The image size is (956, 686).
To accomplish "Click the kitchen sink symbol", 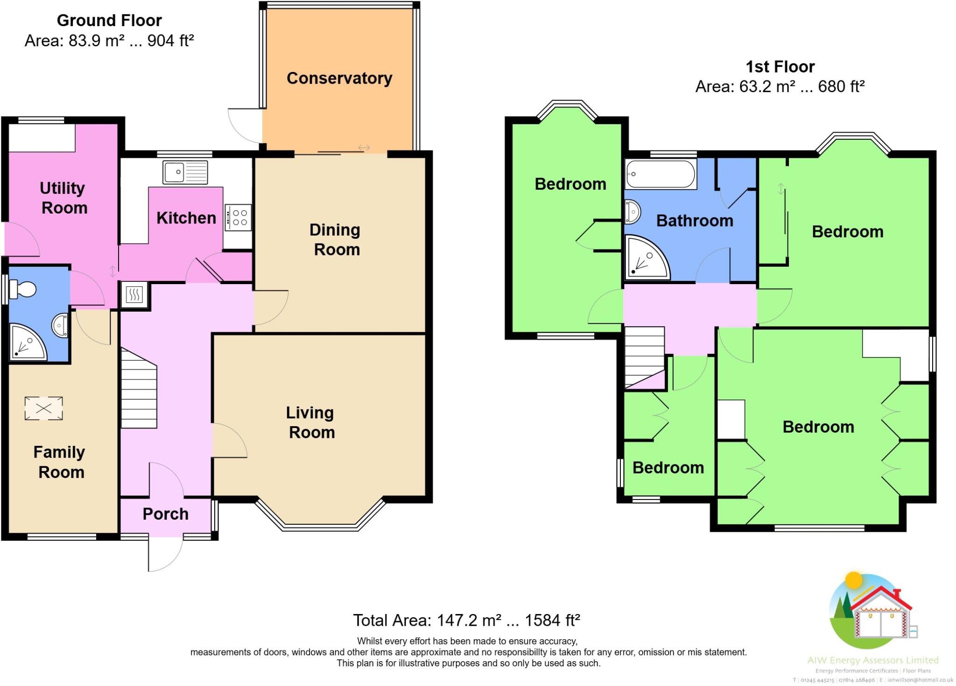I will pyautogui.click(x=185, y=172).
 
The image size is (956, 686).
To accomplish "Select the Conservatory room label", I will pyautogui.click(x=339, y=78).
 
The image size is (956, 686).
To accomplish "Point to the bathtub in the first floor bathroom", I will pyautogui.click(x=660, y=174).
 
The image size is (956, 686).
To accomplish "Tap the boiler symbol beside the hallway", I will pyautogui.click(x=134, y=295).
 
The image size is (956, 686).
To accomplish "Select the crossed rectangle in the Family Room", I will pyautogui.click(x=43, y=408).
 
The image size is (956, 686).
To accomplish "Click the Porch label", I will pyautogui.click(x=165, y=514).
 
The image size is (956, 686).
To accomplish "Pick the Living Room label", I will pyautogui.click(x=311, y=422).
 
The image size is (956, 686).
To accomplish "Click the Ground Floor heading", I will pyautogui.click(x=109, y=21).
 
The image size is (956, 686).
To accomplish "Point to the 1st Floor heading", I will pyautogui.click(x=780, y=67).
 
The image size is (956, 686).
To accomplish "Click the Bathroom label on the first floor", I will pyautogui.click(x=695, y=221).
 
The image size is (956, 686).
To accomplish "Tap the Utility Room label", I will pyautogui.click(x=63, y=198).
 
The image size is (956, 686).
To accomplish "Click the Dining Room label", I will pyautogui.click(x=336, y=239).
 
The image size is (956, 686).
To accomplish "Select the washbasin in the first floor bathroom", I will pyautogui.click(x=633, y=212).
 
